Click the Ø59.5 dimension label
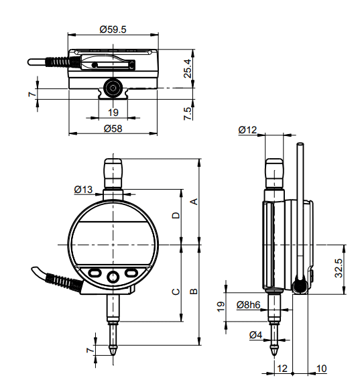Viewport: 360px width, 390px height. point(113,29)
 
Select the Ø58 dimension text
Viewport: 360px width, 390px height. point(113,129)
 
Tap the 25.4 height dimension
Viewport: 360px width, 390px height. point(188,68)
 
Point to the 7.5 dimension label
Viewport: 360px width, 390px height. point(188,114)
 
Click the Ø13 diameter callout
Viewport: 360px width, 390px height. point(83,190)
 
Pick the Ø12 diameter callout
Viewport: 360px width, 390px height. point(247,130)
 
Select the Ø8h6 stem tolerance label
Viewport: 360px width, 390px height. point(248,305)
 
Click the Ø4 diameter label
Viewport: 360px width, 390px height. point(256,335)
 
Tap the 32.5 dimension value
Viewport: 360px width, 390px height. point(339,268)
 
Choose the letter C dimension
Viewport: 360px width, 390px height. point(176,291)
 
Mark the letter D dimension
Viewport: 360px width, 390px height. point(176,215)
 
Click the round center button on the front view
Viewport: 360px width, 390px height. point(113,277)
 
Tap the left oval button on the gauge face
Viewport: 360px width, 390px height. point(95,273)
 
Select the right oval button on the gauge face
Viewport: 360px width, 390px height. point(131,273)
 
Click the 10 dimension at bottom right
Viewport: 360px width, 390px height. point(321,369)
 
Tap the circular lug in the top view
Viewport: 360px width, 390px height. point(113,88)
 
